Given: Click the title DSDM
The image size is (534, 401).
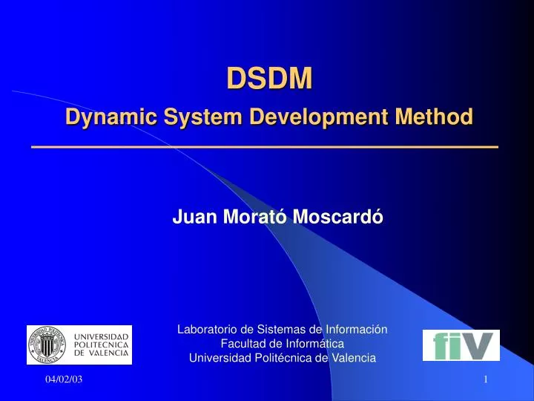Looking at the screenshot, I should coord(269,78).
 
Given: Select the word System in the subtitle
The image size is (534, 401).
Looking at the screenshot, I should coord(177,117).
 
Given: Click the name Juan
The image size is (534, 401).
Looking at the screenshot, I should coord(190,217).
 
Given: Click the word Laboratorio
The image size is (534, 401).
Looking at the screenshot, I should coord(207,328).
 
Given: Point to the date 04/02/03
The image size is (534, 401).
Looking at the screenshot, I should coord(64,381).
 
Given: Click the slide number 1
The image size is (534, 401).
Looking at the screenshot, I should coord(485,381).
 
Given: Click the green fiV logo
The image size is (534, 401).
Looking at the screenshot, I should coord(461,345).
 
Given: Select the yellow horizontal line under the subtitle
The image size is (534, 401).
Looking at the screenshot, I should coord(265,148).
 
